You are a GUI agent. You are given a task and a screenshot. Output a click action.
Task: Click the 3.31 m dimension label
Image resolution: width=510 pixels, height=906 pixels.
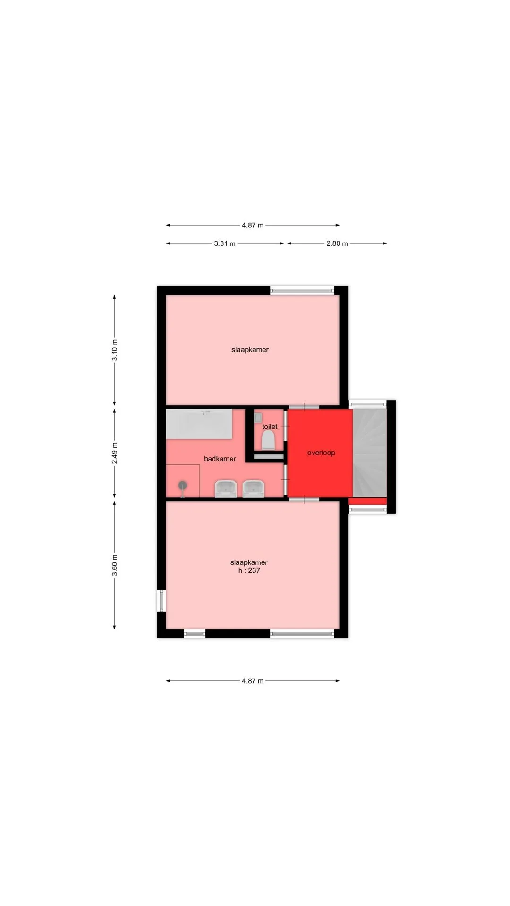pyautogui.click(x=225, y=243)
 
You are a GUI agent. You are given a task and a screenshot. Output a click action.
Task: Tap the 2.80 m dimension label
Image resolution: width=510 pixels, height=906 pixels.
pyautogui.click(x=337, y=243)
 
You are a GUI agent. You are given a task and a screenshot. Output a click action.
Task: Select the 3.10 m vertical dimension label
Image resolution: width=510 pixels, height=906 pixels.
pyautogui.click(x=115, y=350)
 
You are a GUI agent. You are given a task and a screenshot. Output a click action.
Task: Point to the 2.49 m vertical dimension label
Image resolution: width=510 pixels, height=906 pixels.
pyautogui.click(x=115, y=453)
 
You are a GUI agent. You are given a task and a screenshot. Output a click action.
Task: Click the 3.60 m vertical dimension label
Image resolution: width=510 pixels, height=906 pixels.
pyautogui.click(x=115, y=565)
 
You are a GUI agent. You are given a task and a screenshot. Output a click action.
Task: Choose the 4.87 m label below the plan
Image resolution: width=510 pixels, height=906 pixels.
pyautogui.click(x=253, y=681)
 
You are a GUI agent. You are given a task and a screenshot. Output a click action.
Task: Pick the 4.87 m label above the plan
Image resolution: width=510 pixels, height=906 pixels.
pyautogui.click(x=253, y=225)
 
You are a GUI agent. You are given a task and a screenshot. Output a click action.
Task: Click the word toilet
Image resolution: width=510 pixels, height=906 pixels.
pyautogui.click(x=270, y=427)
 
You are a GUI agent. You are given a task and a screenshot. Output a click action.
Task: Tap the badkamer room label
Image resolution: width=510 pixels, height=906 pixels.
pyautogui.click(x=220, y=459)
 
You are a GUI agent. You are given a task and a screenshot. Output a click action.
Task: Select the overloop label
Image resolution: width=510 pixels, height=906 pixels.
pyautogui.click(x=321, y=453)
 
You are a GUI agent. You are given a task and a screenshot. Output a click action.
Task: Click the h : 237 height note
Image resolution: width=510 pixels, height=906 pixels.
pyautogui.click(x=249, y=570)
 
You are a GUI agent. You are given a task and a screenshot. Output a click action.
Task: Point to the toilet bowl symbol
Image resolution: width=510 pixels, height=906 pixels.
pyautogui.click(x=268, y=440)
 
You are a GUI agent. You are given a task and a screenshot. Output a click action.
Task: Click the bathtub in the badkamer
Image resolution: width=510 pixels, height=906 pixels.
pyautogui.click(x=199, y=424)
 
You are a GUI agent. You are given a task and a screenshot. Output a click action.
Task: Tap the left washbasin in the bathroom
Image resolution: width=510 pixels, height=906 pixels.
pyautogui.click(x=226, y=489)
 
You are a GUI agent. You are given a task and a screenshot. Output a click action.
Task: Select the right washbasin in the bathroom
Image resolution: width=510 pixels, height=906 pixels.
pyautogui.click(x=254, y=489)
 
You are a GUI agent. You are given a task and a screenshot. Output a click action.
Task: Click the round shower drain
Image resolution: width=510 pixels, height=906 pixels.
pyautogui.click(x=183, y=485)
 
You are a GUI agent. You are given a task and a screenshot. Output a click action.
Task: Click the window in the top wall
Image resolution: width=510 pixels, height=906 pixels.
pyautogui.click(x=302, y=290)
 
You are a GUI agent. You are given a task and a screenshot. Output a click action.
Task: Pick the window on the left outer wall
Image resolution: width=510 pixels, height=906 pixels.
pyautogui.click(x=161, y=601)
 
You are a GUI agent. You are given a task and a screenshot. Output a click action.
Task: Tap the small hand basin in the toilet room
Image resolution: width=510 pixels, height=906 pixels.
pyautogui.click(x=258, y=417)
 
